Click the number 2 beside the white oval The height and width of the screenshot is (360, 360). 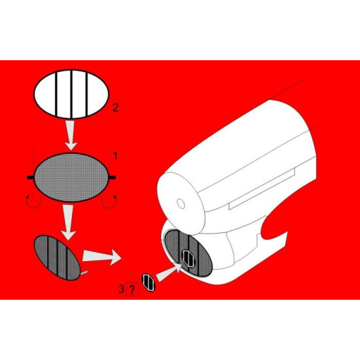pos(115,108)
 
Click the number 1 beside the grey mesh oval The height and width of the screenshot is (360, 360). pos(115,156)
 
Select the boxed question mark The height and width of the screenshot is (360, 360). pos(134,287)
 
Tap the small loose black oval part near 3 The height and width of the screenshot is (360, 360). pos(150,282)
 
